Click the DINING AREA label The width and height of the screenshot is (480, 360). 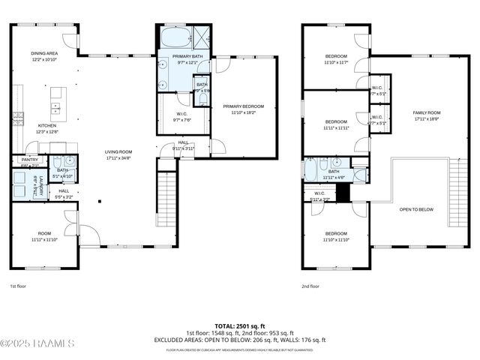[x=44, y=53]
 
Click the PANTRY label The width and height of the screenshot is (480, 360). [x=29, y=160]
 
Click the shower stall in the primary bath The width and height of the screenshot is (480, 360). [x=201, y=35]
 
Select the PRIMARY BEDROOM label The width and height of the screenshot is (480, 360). [x=243, y=106]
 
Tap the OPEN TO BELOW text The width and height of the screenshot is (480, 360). [x=416, y=209]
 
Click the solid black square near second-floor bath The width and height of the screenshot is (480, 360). [x=343, y=193]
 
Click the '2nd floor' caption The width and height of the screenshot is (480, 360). [x=310, y=286]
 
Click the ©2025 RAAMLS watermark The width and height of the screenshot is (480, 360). [x=37, y=343]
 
